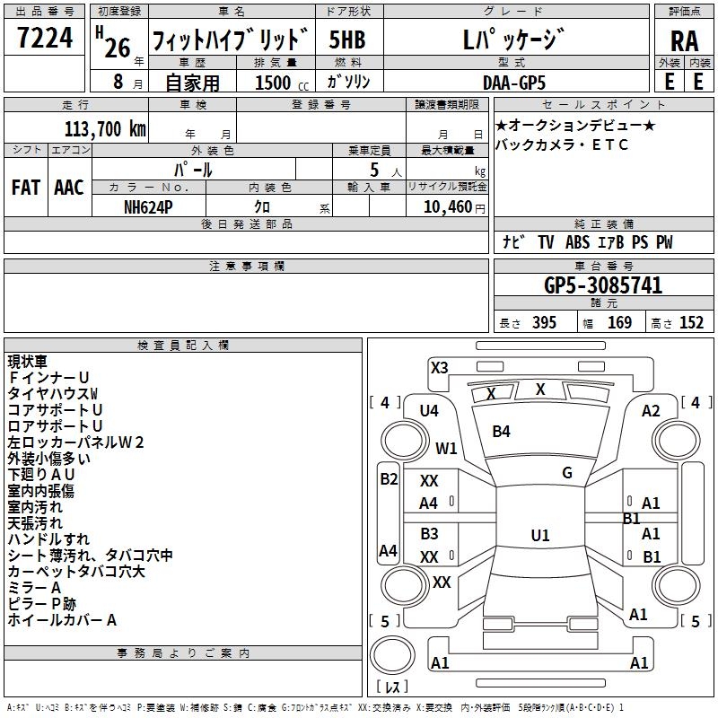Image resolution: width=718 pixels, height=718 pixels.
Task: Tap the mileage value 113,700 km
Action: click(x=106, y=128)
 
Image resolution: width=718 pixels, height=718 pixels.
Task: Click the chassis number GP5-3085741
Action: click(x=603, y=285)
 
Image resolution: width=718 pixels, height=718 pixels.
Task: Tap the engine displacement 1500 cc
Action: click(x=271, y=82)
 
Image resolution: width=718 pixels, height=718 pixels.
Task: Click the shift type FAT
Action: click(x=25, y=187)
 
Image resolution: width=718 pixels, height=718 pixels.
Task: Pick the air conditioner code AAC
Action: click(x=69, y=187)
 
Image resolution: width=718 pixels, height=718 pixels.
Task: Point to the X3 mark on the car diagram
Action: click(x=440, y=367)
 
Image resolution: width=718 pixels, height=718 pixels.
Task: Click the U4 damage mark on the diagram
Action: click(x=429, y=410)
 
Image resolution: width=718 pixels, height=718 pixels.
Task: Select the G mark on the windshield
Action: click(x=567, y=473)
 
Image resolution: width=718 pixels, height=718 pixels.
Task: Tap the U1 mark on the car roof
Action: click(x=540, y=535)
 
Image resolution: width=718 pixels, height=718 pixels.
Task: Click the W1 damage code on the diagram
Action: click(x=446, y=448)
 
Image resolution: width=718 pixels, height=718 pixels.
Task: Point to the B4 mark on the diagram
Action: click(x=501, y=432)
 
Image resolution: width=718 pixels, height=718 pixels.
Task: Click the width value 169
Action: click(x=619, y=323)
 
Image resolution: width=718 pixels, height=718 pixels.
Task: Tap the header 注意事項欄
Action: click(x=246, y=266)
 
